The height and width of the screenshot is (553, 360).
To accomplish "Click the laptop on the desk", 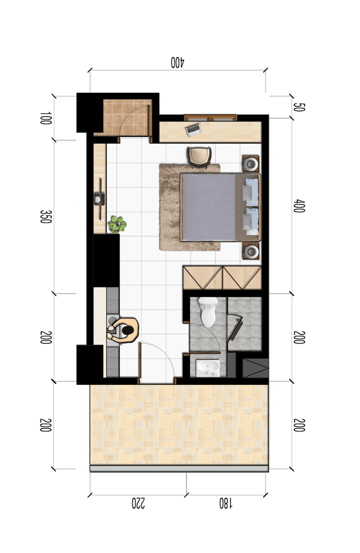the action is (193, 129).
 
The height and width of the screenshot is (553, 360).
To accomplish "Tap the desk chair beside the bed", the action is (199, 156).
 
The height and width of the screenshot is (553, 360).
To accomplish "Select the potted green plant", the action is (117, 225).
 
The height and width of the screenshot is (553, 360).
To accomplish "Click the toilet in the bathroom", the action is (208, 311).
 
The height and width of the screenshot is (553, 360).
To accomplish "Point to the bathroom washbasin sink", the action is (208, 368).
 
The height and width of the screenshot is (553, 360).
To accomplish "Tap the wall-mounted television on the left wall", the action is (100, 199).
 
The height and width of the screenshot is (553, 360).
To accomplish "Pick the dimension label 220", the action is (138, 503).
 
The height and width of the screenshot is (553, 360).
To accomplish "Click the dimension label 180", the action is (226, 503).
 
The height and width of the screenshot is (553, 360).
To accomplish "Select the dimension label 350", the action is (46, 217).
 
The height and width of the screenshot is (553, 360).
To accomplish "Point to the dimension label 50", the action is (299, 107).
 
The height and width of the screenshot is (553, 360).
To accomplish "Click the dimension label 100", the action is (46, 118).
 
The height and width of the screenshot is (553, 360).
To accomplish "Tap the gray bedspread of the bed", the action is (208, 207).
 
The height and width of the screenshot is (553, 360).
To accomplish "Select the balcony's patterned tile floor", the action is (179, 425).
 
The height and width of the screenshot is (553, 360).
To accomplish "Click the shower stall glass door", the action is (236, 328).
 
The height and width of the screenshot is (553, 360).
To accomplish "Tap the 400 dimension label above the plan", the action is (178, 62).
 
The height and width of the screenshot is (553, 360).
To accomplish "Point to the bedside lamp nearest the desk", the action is (251, 164).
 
